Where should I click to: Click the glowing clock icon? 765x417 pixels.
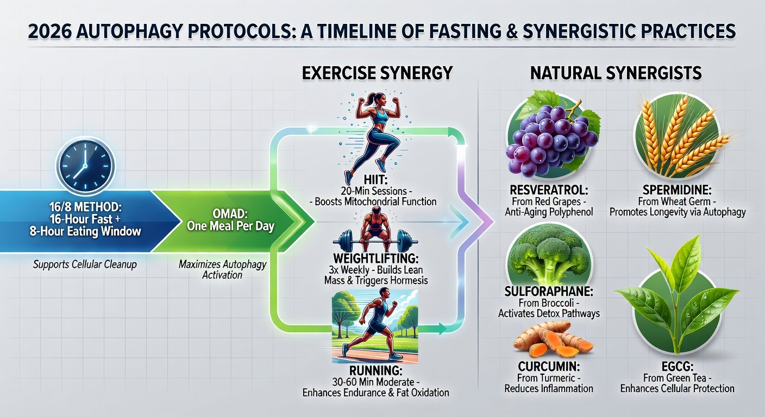click(x=85, y=166)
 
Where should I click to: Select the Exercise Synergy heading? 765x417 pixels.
click(x=378, y=73)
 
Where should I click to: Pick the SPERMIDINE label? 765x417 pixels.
click(x=677, y=189)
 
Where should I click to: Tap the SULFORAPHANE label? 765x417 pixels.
click(x=548, y=292)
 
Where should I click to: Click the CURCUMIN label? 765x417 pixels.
click(x=548, y=367)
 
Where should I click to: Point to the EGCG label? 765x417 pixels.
click(x=677, y=367)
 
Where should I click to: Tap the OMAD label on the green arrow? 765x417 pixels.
click(x=230, y=214)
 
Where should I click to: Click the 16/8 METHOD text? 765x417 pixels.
click(x=85, y=206)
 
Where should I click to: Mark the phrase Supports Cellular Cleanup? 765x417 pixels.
click(x=85, y=264)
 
